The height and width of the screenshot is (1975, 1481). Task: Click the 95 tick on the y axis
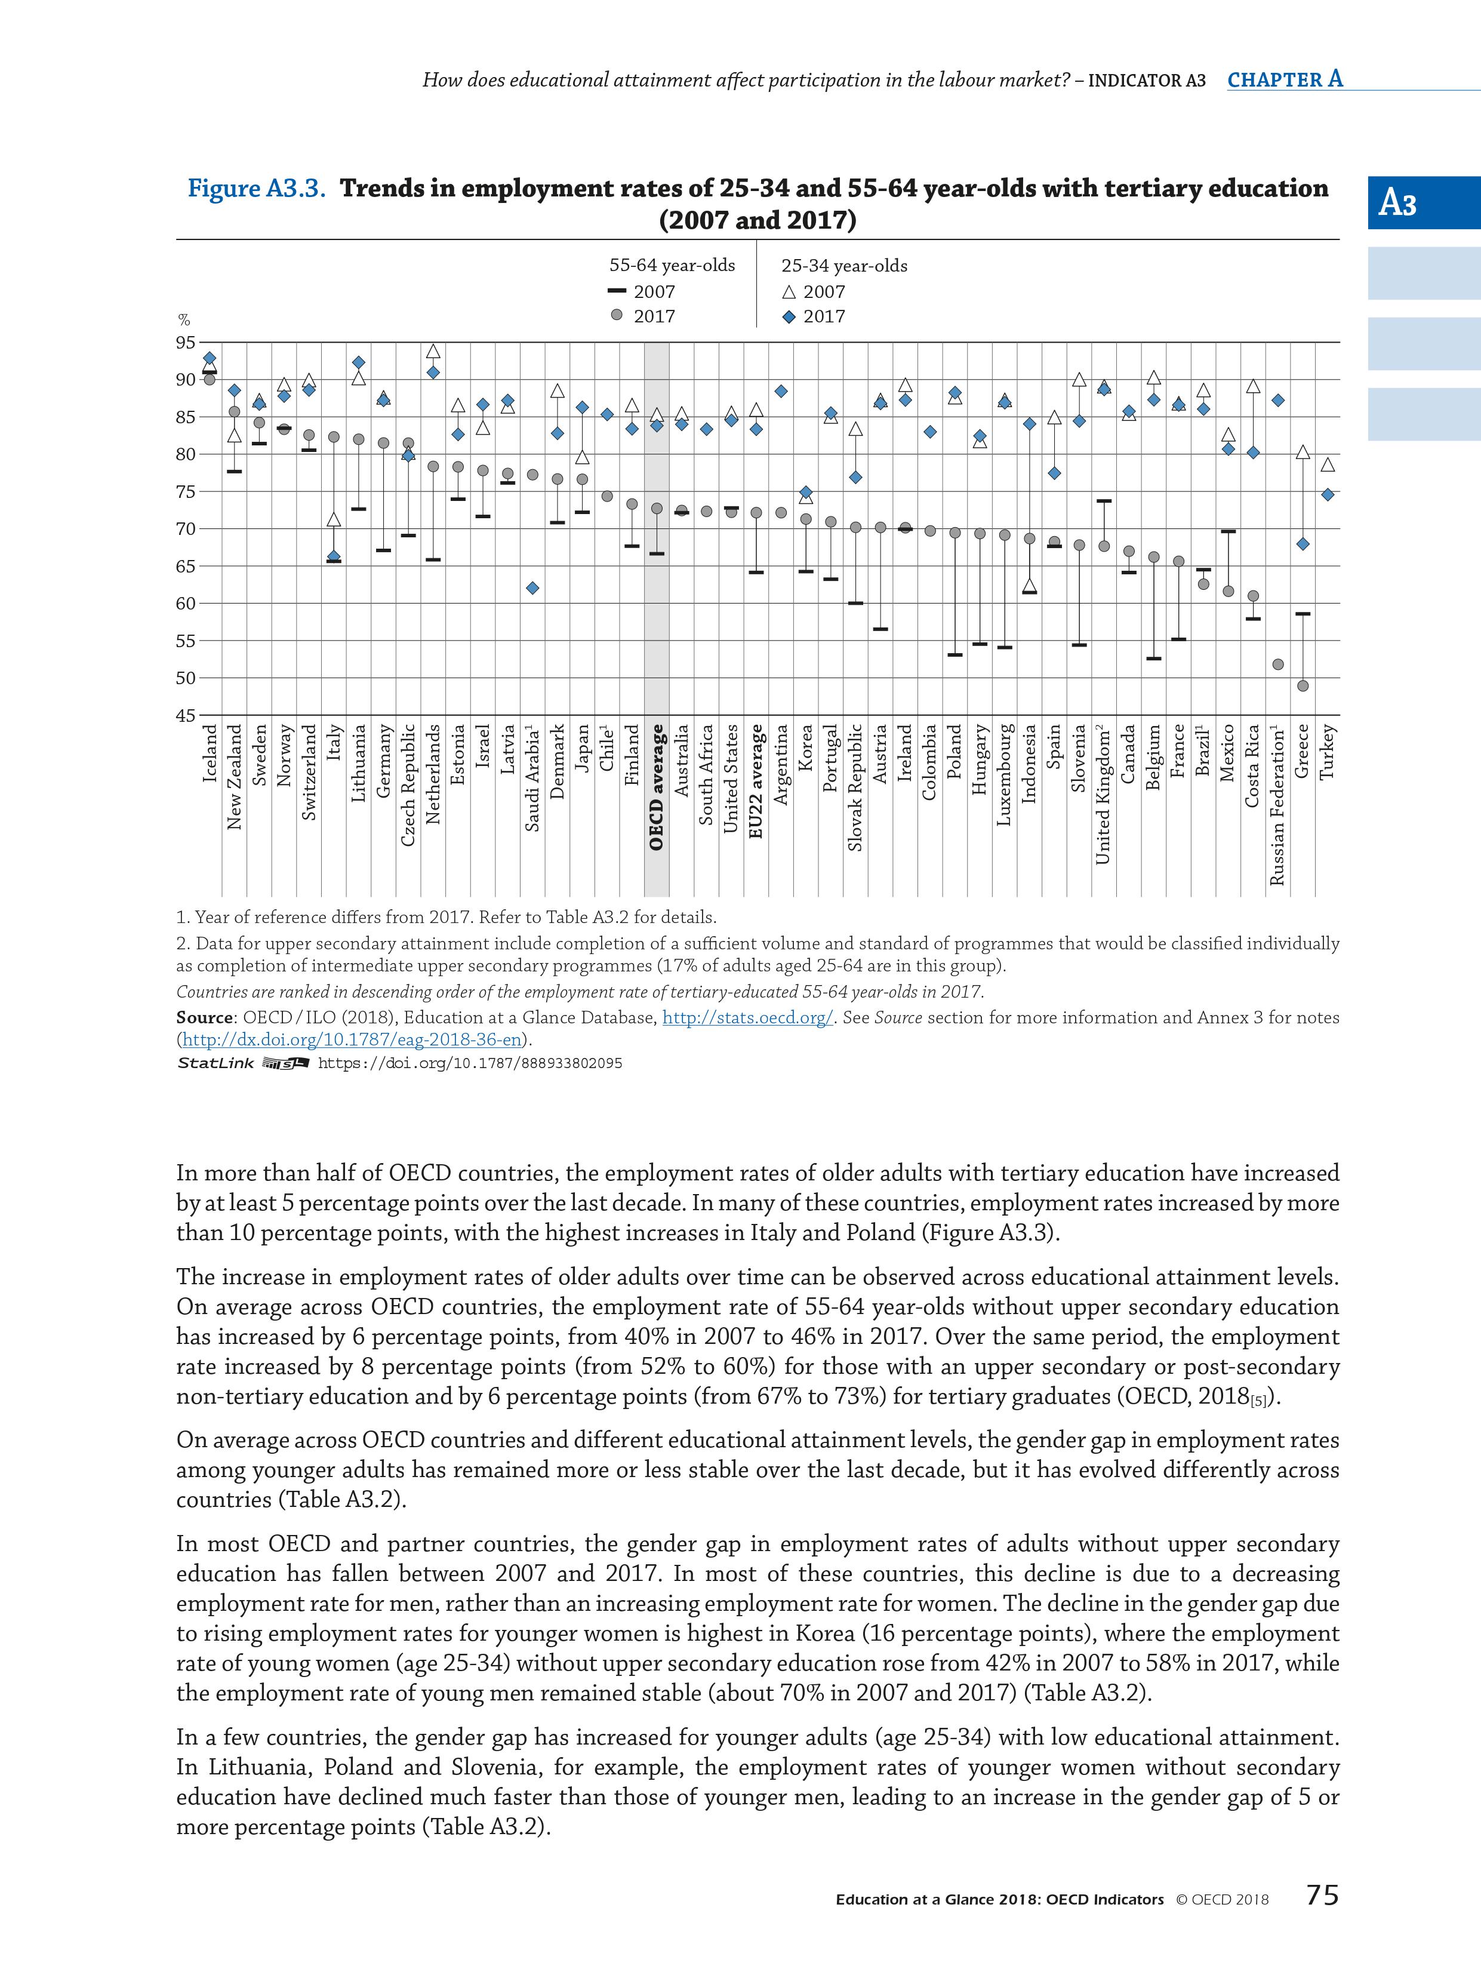(185, 343)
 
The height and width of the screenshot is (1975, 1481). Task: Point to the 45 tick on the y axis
(185, 715)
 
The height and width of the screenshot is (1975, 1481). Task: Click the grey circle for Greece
(1303, 686)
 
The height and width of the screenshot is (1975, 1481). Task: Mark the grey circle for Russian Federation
(1277, 665)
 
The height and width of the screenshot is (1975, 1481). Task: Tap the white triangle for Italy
(334, 519)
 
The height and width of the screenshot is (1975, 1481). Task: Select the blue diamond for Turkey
(1328, 494)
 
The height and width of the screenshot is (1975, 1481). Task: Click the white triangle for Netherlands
(433, 352)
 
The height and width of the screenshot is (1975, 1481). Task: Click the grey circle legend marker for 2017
(615, 315)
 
